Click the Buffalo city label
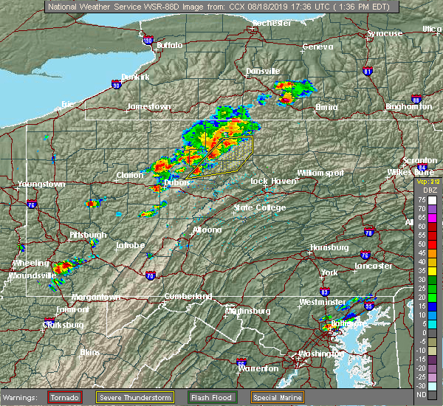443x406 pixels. [169, 46]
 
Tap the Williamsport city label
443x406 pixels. [320, 172]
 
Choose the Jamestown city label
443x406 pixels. [148, 106]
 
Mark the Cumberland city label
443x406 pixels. [188, 296]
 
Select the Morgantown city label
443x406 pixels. [95, 297]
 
